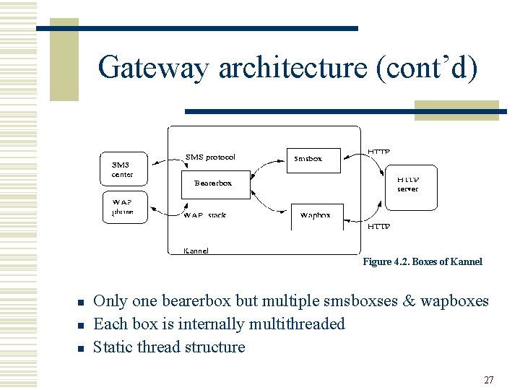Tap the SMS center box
(123, 170)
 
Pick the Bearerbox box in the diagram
(214, 183)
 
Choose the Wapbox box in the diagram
(316, 215)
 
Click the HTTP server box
(407, 184)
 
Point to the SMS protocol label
(210, 157)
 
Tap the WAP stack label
(205, 215)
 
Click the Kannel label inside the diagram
(196, 251)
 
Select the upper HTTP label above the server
(379, 152)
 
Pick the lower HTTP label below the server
(379, 227)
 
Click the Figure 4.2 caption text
(422, 261)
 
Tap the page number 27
(489, 380)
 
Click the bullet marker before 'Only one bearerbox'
(82, 302)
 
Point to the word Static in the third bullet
(113, 347)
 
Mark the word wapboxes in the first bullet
(455, 300)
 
